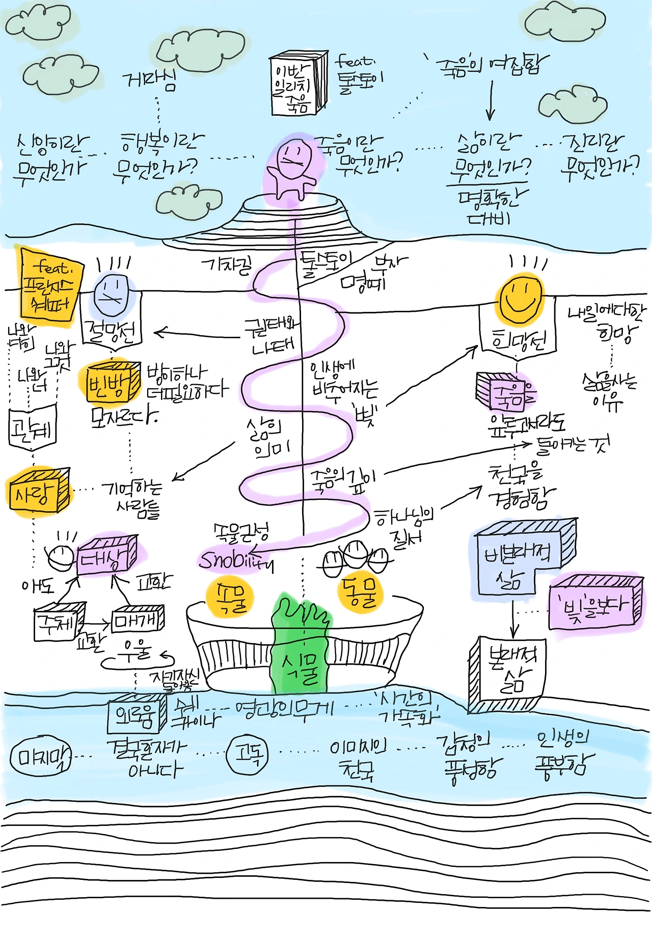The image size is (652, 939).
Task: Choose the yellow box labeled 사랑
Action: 39,492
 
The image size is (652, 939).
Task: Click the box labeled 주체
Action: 58,622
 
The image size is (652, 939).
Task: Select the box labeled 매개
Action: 138,619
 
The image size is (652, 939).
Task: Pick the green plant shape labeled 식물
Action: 301,647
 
